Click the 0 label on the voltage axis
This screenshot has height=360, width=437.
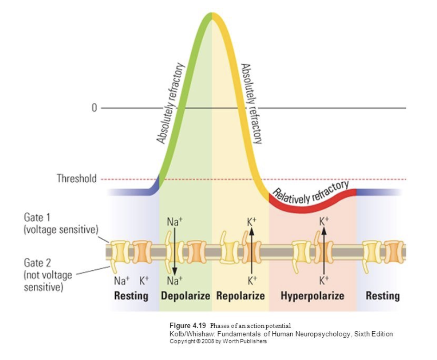(94, 107)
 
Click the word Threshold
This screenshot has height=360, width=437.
(77, 178)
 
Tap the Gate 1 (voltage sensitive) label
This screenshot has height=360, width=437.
(61, 224)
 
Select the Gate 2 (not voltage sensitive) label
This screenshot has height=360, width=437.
(48, 275)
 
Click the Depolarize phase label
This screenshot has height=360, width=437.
(185, 296)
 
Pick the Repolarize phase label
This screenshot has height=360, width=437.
(241, 296)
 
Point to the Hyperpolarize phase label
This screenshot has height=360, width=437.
(312, 296)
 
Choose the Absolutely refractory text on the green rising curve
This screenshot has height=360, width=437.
(170, 104)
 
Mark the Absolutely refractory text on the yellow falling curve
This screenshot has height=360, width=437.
(252, 104)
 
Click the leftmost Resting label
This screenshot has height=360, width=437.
(131, 296)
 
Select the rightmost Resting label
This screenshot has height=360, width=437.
(383, 296)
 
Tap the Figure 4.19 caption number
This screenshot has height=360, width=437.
(187, 325)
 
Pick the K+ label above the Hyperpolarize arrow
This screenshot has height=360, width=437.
(324, 221)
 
